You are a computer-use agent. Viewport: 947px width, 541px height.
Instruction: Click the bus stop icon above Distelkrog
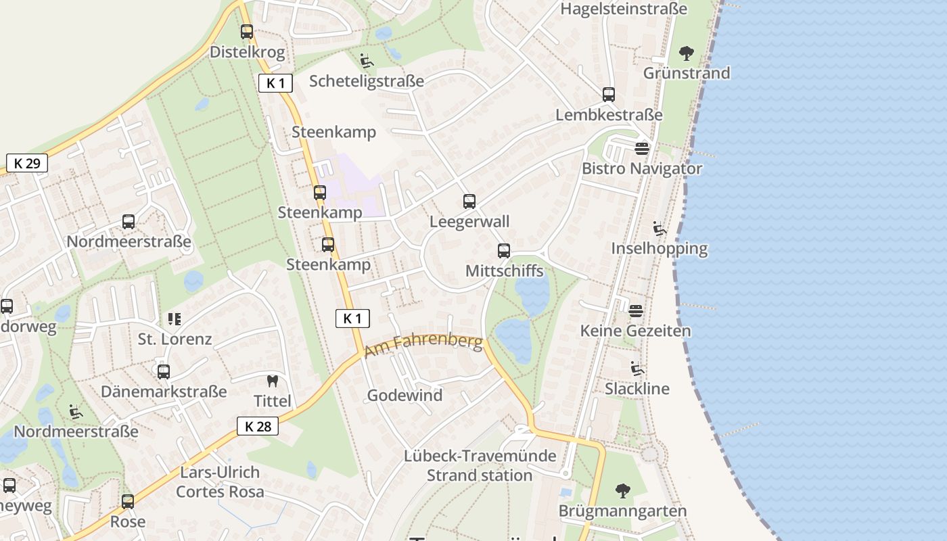pyautogui.click(x=247, y=32)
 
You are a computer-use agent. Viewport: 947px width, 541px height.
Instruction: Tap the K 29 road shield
pyautogui.click(x=27, y=163)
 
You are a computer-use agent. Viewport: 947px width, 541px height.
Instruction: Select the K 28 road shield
pyautogui.click(x=258, y=426)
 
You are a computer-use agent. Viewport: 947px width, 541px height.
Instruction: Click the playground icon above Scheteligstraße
pyautogui.click(x=367, y=61)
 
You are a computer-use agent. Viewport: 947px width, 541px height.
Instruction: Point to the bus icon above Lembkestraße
pyautogui.click(x=609, y=95)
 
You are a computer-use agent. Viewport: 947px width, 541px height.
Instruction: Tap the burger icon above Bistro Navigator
pyautogui.click(x=642, y=148)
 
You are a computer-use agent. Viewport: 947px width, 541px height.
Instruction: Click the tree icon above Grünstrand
pyautogui.click(x=687, y=53)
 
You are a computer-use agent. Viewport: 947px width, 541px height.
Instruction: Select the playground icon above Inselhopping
pyautogui.click(x=660, y=229)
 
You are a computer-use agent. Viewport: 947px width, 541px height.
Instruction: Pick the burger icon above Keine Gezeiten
pyautogui.click(x=636, y=311)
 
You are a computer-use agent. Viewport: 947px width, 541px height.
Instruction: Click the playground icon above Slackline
pyautogui.click(x=637, y=369)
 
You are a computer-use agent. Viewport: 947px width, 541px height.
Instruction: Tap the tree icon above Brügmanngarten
pyautogui.click(x=622, y=491)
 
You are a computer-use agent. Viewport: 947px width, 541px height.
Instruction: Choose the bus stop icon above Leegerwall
pyautogui.click(x=469, y=202)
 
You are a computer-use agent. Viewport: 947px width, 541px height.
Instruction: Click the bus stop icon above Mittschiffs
pyautogui.click(x=504, y=251)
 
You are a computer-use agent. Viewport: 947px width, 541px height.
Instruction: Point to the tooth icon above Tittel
pyautogui.click(x=273, y=381)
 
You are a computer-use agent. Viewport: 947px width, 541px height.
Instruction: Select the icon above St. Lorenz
pyautogui.click(x=175, y=319)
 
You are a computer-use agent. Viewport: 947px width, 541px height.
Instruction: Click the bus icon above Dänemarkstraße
pyautogui.click(x=164, y=371)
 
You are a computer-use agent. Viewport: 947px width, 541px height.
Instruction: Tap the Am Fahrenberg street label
pyautogui.click(x=423, y=346)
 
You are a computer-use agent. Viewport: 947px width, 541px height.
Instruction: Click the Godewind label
pyautogui.click(x=405, y=396)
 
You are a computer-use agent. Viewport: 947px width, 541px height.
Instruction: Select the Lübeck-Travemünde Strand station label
pyautogui.click(x=480, y=465)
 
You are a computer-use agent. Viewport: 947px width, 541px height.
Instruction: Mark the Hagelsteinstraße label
pyautogui.click(x=624, y=9)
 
